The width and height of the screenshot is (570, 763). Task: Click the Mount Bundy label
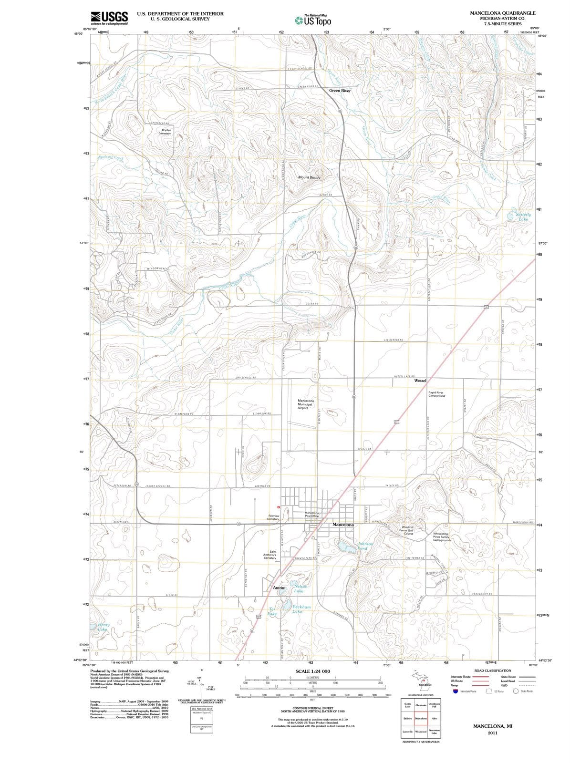[309, 177]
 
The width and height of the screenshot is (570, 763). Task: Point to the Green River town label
[340, 90]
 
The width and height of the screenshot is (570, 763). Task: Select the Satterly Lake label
[523, 217]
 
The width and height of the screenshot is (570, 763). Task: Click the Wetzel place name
[420, 381]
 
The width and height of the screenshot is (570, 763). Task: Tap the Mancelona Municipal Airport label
[306, 404]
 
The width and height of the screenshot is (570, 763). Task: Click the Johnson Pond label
[365, 546]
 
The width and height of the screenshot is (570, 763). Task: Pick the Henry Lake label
[103, 627]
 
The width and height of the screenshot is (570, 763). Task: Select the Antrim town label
[279, 588]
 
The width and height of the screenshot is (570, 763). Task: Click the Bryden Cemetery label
[166, 132]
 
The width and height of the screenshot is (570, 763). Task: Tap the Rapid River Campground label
[436, 394]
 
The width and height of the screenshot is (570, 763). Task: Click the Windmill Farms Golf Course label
[408, 530]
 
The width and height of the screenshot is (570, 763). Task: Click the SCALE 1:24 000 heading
[312, 671]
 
